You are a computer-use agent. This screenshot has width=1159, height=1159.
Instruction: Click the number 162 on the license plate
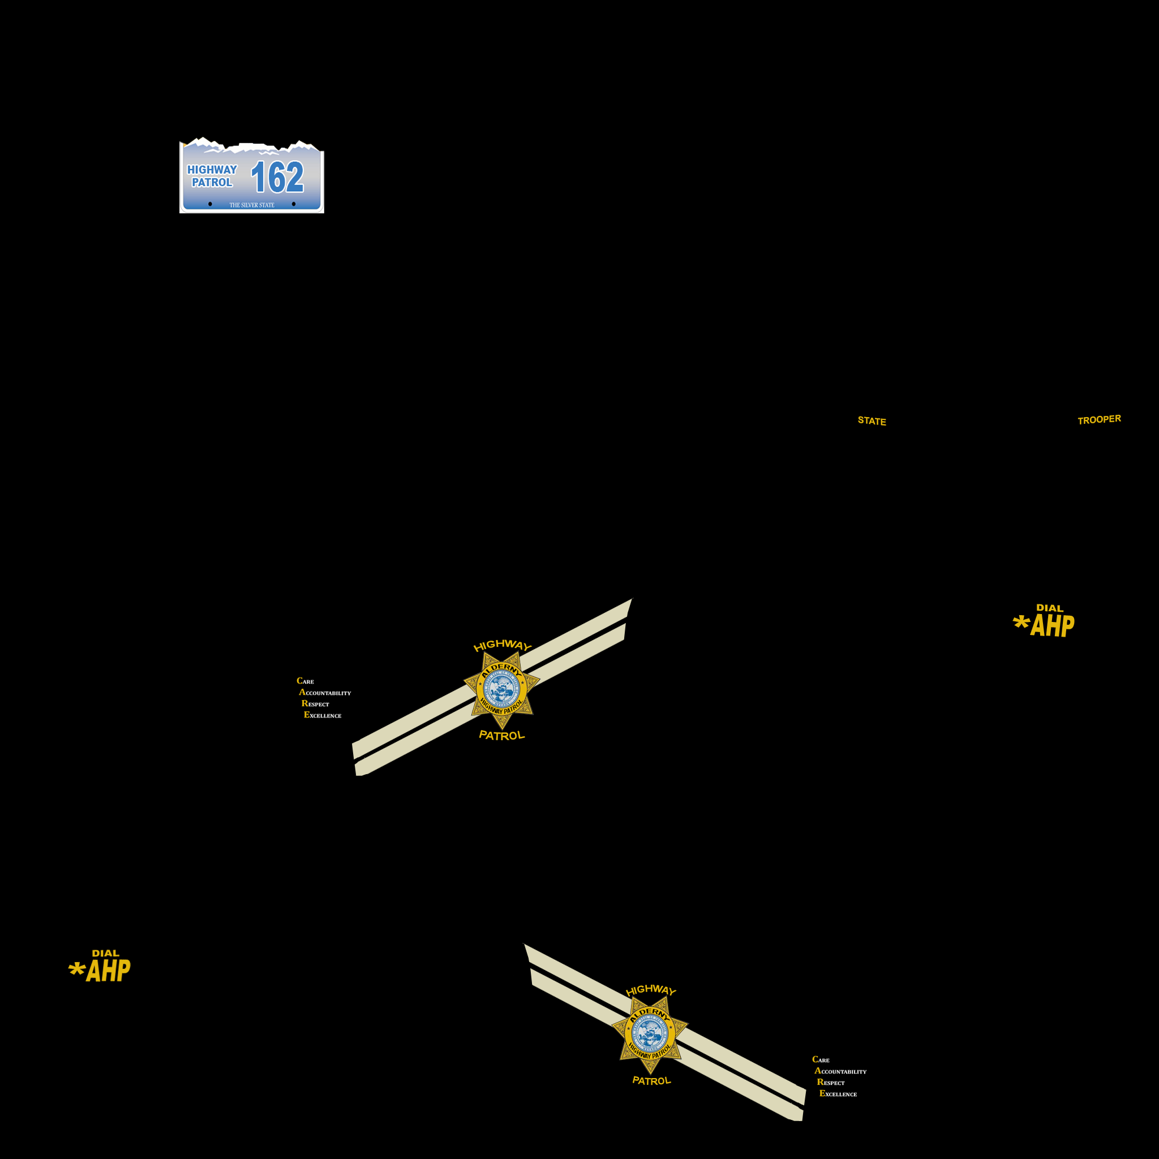click(x=277, y=178)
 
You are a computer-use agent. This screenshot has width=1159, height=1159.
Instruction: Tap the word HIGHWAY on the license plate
click(x=212, y=170)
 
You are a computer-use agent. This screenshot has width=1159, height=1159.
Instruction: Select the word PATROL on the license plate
click(x=212, y=182)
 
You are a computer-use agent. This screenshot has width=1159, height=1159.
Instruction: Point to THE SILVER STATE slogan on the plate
click(x=251, y=205)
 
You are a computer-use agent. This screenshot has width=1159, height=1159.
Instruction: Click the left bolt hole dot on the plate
click(x=210, y=204)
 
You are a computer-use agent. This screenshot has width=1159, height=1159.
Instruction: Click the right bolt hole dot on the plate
click(x=293, y=204)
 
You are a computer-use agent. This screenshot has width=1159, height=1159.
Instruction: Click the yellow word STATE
click(x=872, y=421)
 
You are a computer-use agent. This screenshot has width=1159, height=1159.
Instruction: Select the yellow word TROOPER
click(x=1099, y=419)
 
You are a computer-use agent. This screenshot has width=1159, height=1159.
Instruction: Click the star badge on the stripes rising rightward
click(x=501, y=690)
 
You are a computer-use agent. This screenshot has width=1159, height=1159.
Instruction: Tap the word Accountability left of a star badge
click(x=325, y=692)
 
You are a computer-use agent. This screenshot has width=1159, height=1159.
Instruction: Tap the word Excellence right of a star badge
click(x=838, y=1093)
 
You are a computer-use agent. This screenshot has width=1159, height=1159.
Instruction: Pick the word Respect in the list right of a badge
click(x=831, y=1082)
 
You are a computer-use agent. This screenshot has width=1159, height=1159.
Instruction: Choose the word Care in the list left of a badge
click(x=305, y=681)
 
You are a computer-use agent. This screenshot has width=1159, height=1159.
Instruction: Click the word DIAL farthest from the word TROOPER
click(x=106, y=953)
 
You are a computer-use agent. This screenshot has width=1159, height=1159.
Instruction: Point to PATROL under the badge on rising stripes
click(x=501, y=736)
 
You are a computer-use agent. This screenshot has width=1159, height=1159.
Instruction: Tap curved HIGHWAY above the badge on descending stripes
click(x=650, y=990)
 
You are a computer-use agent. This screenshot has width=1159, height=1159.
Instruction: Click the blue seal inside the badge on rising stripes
click(x=501, y=690)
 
